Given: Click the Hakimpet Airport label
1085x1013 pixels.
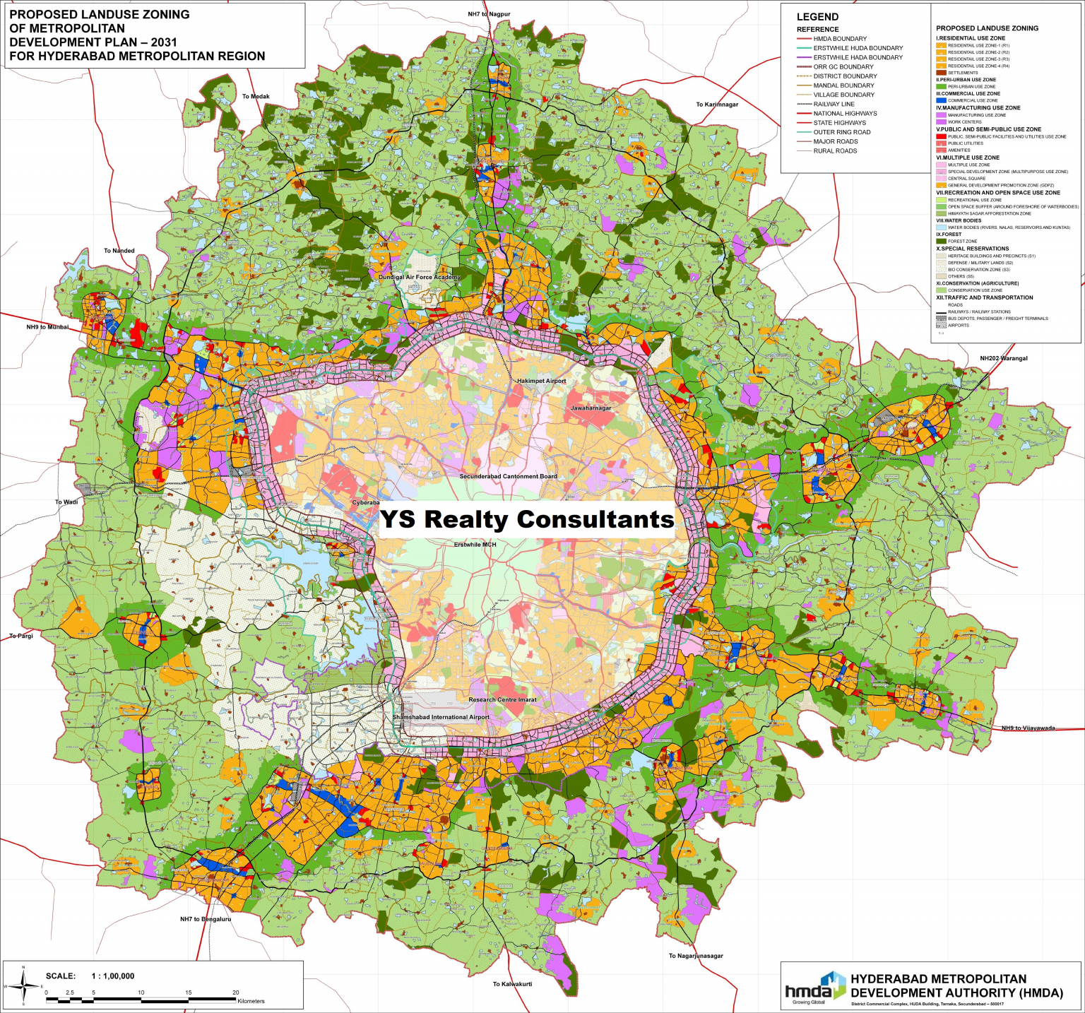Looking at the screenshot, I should [541, 381].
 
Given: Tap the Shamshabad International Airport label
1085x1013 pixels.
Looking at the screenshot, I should [441, 717].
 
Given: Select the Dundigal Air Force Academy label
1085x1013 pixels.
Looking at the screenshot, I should [420, 278].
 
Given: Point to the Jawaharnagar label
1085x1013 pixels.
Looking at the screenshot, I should [591, 408].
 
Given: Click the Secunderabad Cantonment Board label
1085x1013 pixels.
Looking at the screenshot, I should [508, 476].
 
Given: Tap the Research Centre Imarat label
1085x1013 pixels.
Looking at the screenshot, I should [502, 700].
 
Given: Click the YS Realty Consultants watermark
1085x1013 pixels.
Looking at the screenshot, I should [527, 519].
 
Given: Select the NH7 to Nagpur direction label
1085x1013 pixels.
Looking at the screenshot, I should [489, 14].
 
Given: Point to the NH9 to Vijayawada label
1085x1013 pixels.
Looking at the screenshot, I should [1028, 728].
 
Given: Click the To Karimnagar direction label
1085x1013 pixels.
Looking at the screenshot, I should [717, 105].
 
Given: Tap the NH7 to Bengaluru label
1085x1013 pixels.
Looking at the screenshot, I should [206, 919].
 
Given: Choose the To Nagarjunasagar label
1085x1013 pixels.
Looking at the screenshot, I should [696, 956].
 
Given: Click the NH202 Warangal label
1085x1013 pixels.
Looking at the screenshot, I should [1004, 358].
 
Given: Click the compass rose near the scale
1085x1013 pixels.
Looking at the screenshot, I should [24, 985].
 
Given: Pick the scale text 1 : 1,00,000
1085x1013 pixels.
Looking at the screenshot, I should [112, 976].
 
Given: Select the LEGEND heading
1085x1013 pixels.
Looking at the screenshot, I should [817, 17].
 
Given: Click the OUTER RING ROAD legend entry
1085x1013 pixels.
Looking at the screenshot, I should [841, 132].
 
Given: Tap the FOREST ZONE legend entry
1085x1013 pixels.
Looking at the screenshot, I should [962, 242].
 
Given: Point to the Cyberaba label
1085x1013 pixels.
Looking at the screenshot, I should [366, 503].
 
